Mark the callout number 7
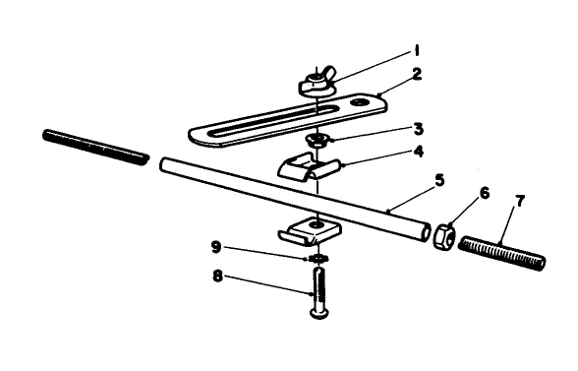(x=520, y=201)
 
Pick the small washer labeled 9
(x=318, y=258)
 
